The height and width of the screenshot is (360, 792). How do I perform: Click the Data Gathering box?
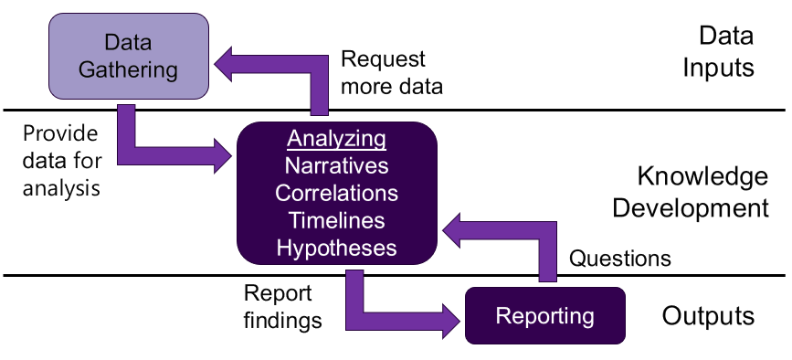(128, 56)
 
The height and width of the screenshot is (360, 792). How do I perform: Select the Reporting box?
(545, 315)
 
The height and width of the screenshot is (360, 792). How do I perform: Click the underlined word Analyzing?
(336, 139)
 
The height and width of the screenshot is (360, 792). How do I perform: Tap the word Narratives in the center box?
(336, 165)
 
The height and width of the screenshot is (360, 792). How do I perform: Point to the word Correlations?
(336, 194)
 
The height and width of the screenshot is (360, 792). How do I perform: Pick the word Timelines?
(336, 220)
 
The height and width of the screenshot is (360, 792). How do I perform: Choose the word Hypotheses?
(336, 249)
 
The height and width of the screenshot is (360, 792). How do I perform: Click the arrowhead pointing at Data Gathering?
(223, 64)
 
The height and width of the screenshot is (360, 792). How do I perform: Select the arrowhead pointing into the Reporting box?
(451, 321)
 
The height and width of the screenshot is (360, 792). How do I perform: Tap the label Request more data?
(392, 73)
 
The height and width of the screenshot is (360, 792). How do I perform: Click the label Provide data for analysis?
(62, 161)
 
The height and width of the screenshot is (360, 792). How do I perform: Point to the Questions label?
(619, 259)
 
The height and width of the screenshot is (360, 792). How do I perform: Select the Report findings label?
(283, 306)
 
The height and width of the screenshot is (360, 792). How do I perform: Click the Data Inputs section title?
(718, 51)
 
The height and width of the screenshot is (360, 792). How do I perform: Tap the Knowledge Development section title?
(691, 192)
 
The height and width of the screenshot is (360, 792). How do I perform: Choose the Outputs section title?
(708, 315)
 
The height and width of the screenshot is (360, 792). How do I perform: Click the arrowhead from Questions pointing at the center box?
(451, 230)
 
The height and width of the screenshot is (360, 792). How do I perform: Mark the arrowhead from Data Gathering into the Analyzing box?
(223, 156)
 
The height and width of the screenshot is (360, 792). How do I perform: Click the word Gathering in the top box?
(128, 69)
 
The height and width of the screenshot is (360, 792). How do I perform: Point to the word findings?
(283, 320)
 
